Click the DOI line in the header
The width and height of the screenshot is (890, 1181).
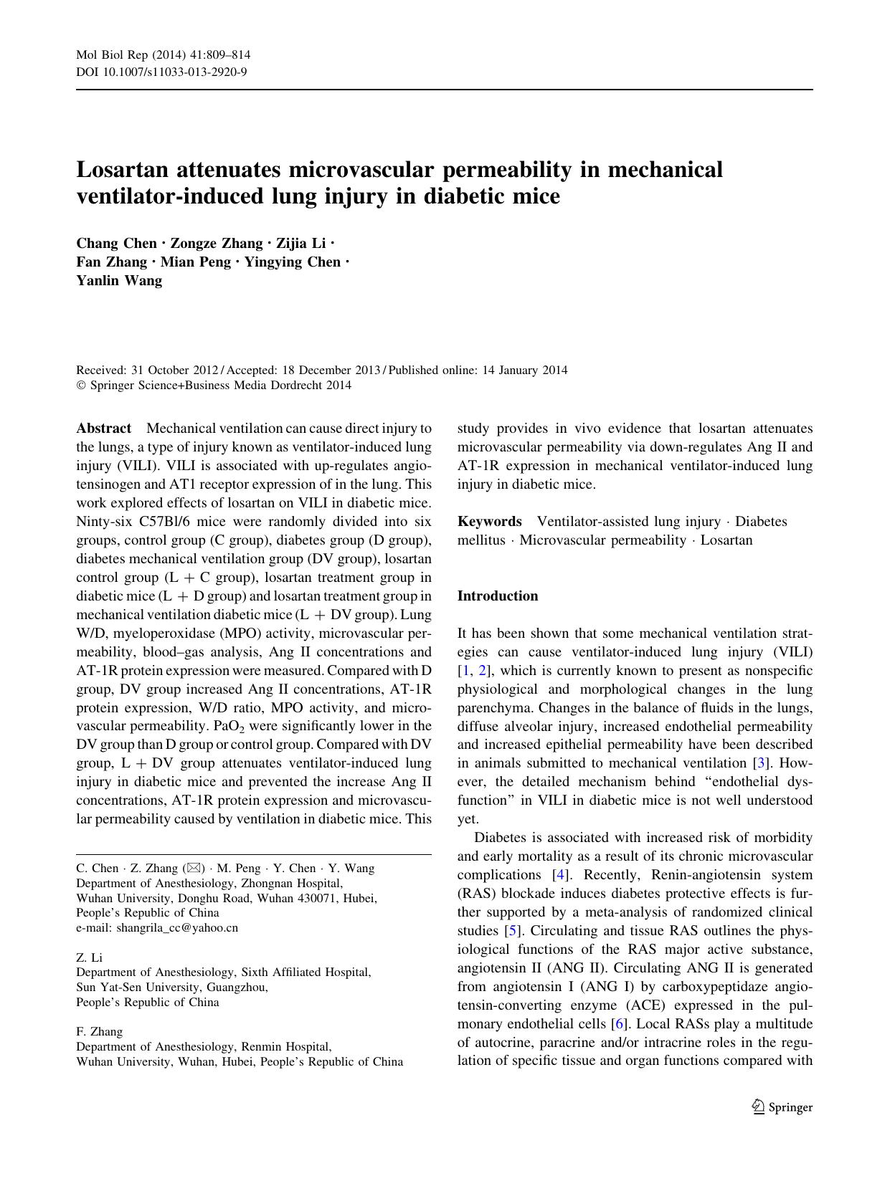tap(161, 72)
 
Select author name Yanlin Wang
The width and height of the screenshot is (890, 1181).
tap(119, 281)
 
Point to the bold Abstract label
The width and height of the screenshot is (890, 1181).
tap(103, 429)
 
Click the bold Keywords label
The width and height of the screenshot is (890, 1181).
tap(489, 522)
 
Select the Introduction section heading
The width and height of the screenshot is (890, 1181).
tap(497, 596)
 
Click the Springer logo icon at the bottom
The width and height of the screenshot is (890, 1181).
tap(758, 1107)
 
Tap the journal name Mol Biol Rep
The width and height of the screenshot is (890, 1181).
tap(106, 55)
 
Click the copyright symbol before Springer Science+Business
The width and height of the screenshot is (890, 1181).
tap(80, 386)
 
